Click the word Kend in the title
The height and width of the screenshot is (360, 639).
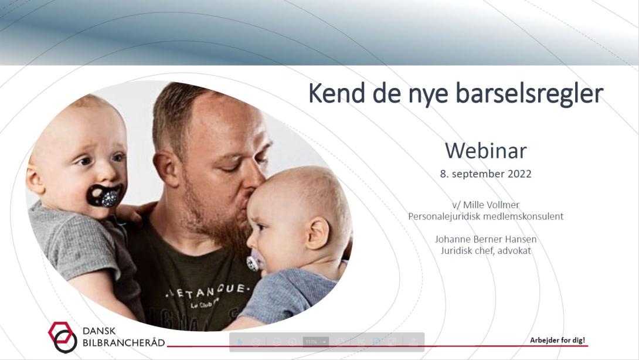tap(337, 93)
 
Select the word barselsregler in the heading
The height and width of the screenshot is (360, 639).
tap(529, 94)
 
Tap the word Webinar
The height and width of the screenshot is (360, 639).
tap(486, 151)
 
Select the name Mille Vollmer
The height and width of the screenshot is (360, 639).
tap(491, 205)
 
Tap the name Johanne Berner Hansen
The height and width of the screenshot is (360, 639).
tap(485, 239)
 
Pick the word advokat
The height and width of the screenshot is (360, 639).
tap(514, 250)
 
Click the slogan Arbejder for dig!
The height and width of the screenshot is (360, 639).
tap(558, 340)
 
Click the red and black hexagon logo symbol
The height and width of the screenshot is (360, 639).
tap(63, 337)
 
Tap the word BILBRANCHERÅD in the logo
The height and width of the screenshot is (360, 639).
tap(124, 342)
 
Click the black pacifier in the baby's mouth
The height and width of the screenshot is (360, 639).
tap(105, 195)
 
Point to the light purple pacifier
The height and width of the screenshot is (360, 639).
tap(253, 261)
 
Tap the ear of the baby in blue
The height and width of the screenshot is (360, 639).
tap(317, 233)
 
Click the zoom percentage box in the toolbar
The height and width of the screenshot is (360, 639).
tap(316, 342)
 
